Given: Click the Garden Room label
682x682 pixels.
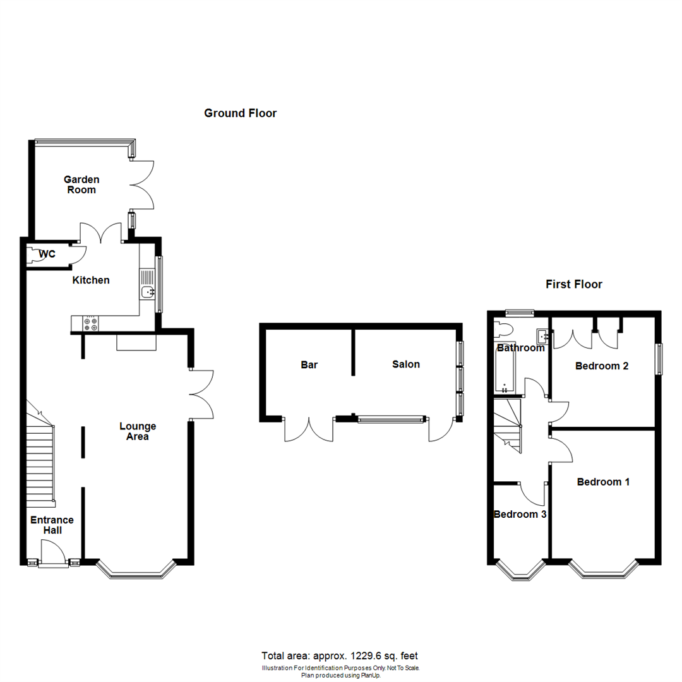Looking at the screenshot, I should point(81,184).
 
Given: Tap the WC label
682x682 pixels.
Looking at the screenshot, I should point(47,254).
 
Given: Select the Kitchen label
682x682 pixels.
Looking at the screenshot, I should point(91,280).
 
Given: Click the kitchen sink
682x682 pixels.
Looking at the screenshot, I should point(147,291).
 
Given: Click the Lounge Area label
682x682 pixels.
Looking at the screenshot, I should point(138,431).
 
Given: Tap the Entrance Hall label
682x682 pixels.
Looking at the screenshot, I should point(52,525).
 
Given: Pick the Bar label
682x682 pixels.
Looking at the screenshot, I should point(308,364).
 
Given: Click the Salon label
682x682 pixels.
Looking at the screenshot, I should point(405,364).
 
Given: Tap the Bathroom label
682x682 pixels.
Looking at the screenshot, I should point(521,348).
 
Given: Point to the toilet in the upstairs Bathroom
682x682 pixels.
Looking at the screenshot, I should point(505,330).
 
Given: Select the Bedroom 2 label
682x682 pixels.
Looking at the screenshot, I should point(601,366).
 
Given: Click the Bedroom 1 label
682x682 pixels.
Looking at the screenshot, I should point(603,482).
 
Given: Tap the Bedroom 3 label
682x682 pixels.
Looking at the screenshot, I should point(520,514).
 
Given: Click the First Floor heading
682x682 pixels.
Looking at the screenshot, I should point(573,284).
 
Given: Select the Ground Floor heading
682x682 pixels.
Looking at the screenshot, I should point(240,113).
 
